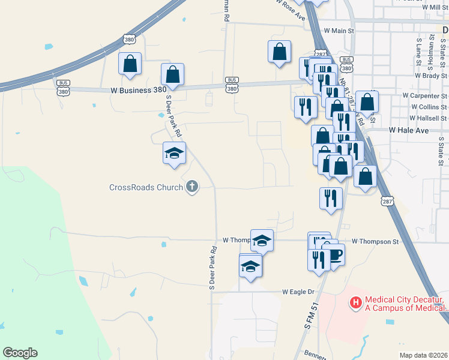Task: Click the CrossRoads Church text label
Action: (x=146, y=187)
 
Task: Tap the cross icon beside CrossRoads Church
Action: (x=192, y=187)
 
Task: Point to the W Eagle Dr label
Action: (x=298, y=292)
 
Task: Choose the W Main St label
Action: (x=340, y=30)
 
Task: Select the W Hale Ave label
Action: (x=411, y=130)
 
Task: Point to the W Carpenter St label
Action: (x=425, y=95)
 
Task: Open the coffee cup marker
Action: (x=334, y=255)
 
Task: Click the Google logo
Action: (x=20, y=353)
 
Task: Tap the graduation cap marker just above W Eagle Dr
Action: (x=250, y=266)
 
